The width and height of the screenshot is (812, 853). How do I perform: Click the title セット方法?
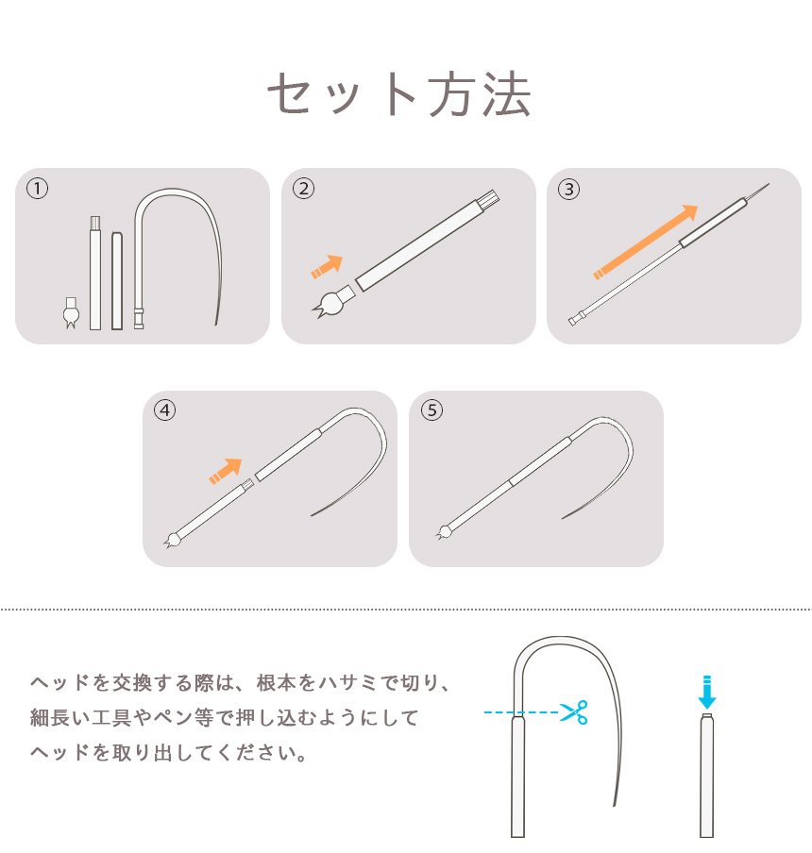(x=399, y=95)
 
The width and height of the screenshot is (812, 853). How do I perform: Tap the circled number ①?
(x=38, y=189)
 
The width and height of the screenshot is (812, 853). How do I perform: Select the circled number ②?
(x=303, y=189)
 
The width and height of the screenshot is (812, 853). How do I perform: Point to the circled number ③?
(x=568, y=190)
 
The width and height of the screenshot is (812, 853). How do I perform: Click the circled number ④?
(x=165, y=410)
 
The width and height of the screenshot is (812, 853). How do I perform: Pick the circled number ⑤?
(x=431, y=410)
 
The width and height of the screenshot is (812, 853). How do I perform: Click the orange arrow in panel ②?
(x=327, y=266)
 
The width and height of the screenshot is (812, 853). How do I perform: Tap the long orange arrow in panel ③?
(x=646, y=243)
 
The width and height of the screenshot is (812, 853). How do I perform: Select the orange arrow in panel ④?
(x=226, y=471)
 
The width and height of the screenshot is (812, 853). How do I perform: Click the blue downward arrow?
(x=706, y=692)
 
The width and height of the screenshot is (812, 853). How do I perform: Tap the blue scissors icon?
(x=574, y=712)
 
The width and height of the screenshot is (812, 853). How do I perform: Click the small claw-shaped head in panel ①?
(x=71, y=313)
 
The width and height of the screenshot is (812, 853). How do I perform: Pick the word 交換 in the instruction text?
(x=131, y=683)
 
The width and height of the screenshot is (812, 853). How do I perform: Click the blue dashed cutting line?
(x=521, y=712)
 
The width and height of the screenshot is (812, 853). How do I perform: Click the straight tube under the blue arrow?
(x=706, y=776)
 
